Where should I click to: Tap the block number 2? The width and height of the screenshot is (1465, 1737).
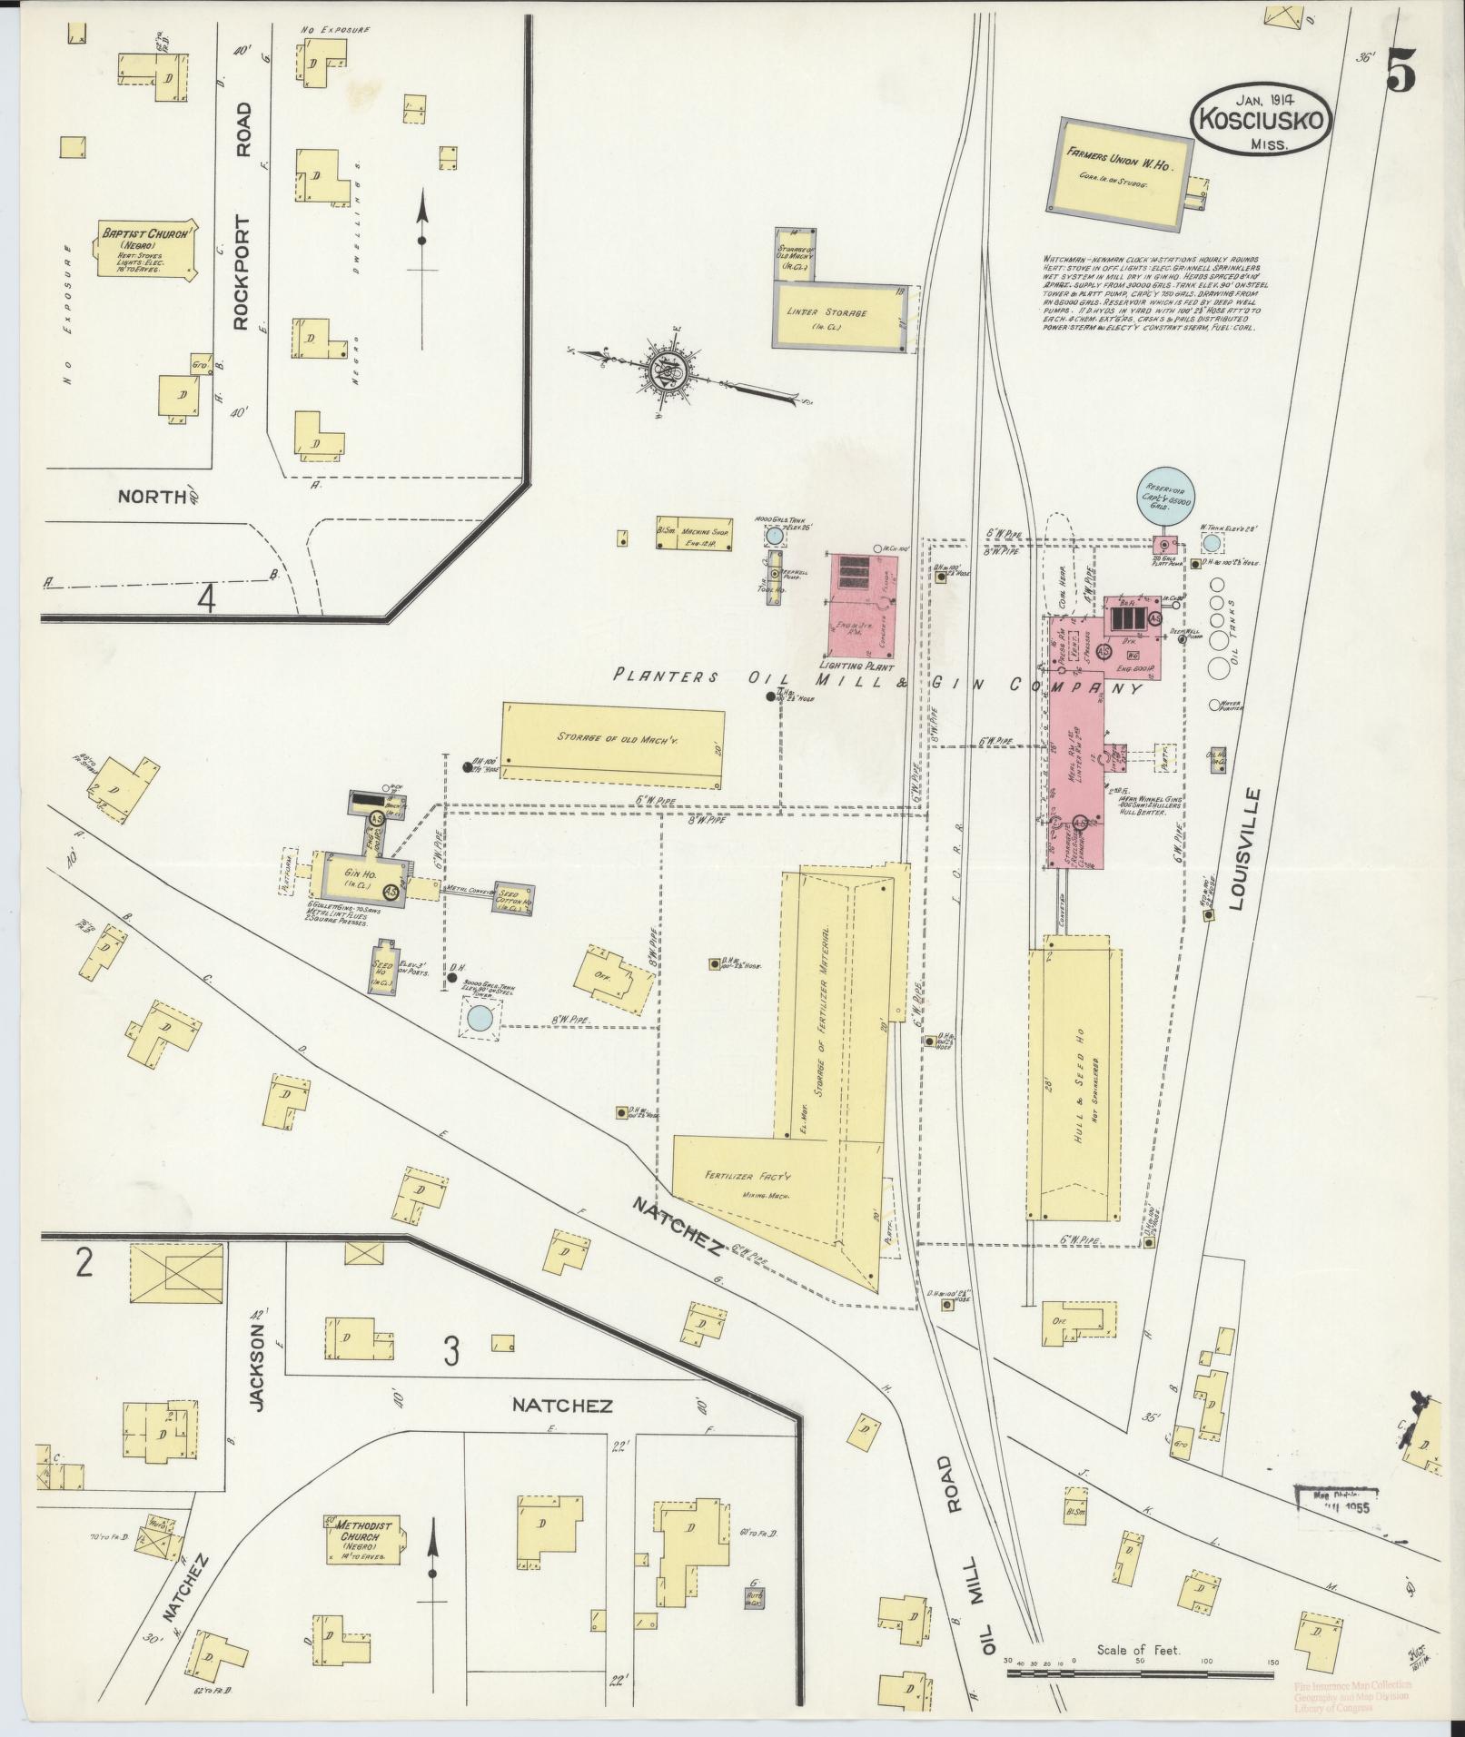pyautogui.click(x=84, y=1264)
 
